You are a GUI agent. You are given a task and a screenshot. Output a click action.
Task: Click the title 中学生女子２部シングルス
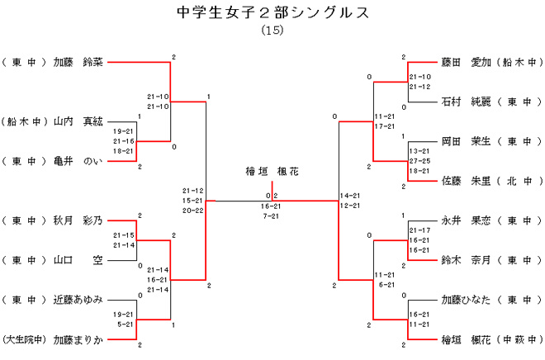pyautogui.click(x=272, y=13)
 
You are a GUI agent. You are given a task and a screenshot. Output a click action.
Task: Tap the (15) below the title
pyautogui.click(x=272, y=31)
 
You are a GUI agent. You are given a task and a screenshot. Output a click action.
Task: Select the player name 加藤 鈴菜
pyautogui.click(x=78, y=61)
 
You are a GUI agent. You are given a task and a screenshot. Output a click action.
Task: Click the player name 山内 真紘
pyautogui.click(x=78, y=121)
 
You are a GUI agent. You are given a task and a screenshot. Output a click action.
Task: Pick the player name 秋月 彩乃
pyautogui.click(x=78, y=220)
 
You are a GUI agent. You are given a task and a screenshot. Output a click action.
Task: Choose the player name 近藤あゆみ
pyautogui.click(x=78, y=300)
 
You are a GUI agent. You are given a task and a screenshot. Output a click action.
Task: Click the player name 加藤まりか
pyautogui.click(x=78, y=339)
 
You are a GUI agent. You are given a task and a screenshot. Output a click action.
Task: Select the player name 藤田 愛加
pyautogui.click(x=467, y=62)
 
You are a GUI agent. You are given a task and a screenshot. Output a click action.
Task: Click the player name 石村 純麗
pyautogui.click(x=467, y=102)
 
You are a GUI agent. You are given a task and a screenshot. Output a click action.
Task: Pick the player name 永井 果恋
pyautogui.click(x=467, y=220)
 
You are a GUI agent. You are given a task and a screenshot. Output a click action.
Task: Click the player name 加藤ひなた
pyautogui.click(x=467, y=300)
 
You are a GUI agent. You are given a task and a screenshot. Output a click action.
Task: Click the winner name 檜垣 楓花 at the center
pyautogui.click(x=272, y=172)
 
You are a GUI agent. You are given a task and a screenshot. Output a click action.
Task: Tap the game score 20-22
pyautogui.click(x=194, y=210)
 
